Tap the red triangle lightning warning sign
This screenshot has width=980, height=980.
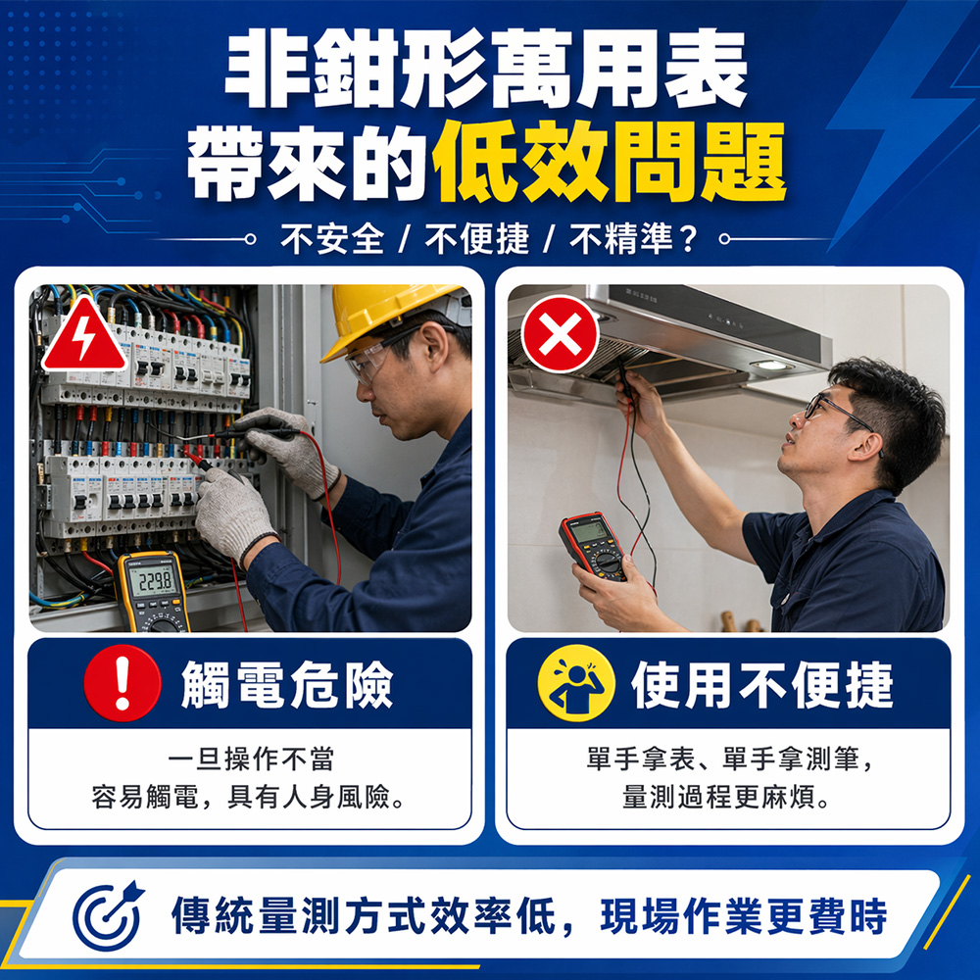point(83,335)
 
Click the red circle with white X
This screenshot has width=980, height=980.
point(560,334)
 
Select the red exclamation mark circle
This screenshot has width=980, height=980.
point(122,683)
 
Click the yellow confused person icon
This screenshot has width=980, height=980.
point(575,683)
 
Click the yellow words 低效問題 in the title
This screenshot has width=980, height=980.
point(609,163)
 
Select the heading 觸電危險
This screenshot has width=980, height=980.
point(287,684)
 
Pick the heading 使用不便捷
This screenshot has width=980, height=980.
point(761,684)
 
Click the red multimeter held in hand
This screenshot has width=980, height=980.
point(594,546)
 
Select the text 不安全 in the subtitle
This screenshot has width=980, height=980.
point(332,239)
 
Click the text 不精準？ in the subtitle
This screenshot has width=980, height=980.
point(633,239)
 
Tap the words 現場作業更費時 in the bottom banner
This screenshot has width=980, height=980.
point(743,916)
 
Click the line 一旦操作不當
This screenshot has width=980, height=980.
point(251,759)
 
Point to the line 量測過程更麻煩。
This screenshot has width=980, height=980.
point(726,797)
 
